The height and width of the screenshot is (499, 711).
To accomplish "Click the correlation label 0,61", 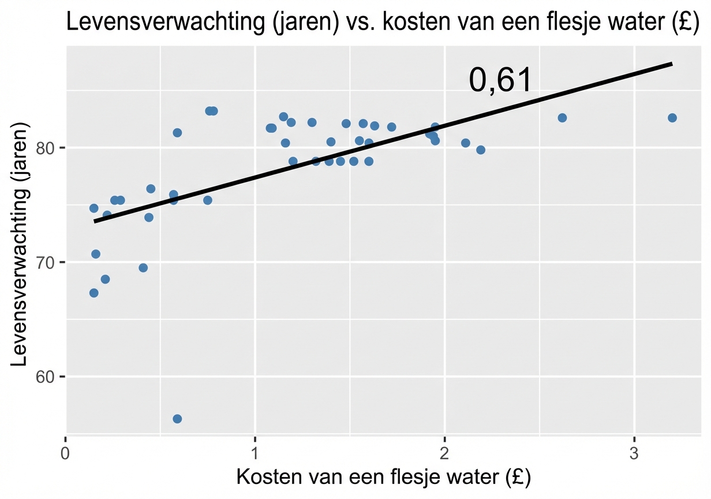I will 499,80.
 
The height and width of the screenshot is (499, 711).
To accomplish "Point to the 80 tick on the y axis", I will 47,148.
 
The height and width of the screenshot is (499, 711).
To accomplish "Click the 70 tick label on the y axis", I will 47,262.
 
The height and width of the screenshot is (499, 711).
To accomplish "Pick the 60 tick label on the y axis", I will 47,377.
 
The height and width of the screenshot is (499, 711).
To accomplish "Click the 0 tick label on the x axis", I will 66,452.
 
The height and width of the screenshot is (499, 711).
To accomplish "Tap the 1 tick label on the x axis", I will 255,452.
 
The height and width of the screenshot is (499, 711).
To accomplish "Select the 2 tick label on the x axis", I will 444,452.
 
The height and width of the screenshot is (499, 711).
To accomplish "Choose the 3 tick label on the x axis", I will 634,452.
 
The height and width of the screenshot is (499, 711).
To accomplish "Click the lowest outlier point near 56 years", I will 177,419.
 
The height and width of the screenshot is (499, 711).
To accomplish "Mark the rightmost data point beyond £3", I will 672,118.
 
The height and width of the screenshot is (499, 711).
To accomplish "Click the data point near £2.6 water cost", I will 562,118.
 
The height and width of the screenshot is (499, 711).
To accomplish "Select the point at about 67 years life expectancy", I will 93,293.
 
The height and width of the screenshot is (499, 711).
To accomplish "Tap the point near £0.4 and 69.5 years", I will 143,267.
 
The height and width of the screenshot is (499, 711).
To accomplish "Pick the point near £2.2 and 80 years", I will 480,150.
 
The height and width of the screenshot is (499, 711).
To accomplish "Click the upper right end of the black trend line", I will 671,64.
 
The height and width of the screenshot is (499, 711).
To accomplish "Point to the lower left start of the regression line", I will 95,221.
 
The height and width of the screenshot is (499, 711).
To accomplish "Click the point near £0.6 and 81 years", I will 177,133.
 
